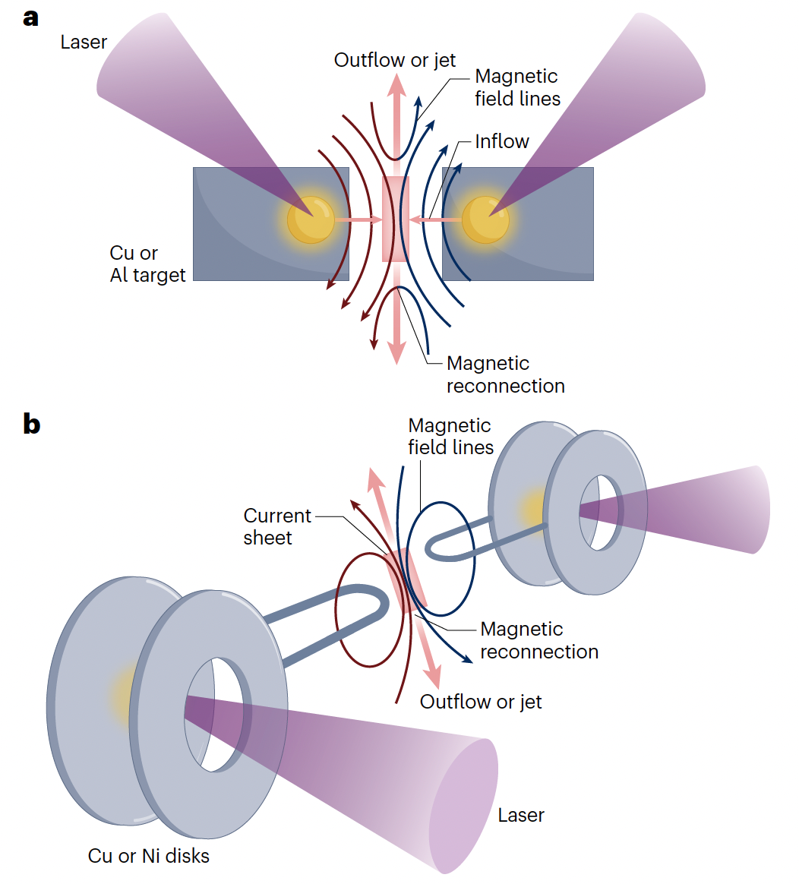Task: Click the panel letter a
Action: pos(30,17)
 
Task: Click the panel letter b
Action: pos(31,423)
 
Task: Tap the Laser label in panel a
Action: pos(84,42)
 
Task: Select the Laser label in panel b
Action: pos(521,815)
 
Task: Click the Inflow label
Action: pos(502,141)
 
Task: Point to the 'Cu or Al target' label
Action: pos(147,264)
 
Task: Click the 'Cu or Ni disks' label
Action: pos(149,855)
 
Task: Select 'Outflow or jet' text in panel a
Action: pos(395,60)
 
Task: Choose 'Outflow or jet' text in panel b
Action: pos(481,701)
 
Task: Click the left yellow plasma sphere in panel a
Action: pos(311,219)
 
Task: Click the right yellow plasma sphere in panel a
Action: pos(485,219)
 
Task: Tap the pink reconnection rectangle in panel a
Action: pos(396,219)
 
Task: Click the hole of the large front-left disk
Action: pos(214,714)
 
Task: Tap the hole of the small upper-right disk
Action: pos(600,512)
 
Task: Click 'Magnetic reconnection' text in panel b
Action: pos(539,640)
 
